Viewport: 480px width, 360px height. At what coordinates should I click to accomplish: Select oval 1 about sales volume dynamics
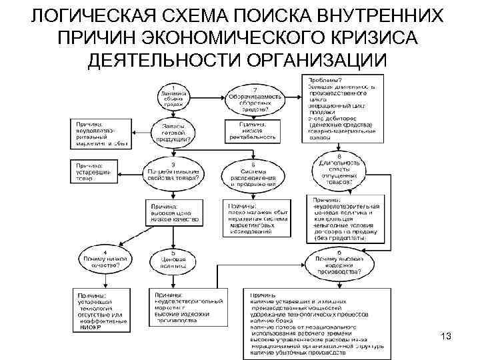pyautogui.click(x=174, y=97)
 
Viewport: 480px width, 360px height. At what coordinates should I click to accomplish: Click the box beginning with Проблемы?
pyautogui.click(x=344, y=109)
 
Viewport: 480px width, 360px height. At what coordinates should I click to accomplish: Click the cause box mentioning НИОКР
pyautogui.click(x=100, y=311)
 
